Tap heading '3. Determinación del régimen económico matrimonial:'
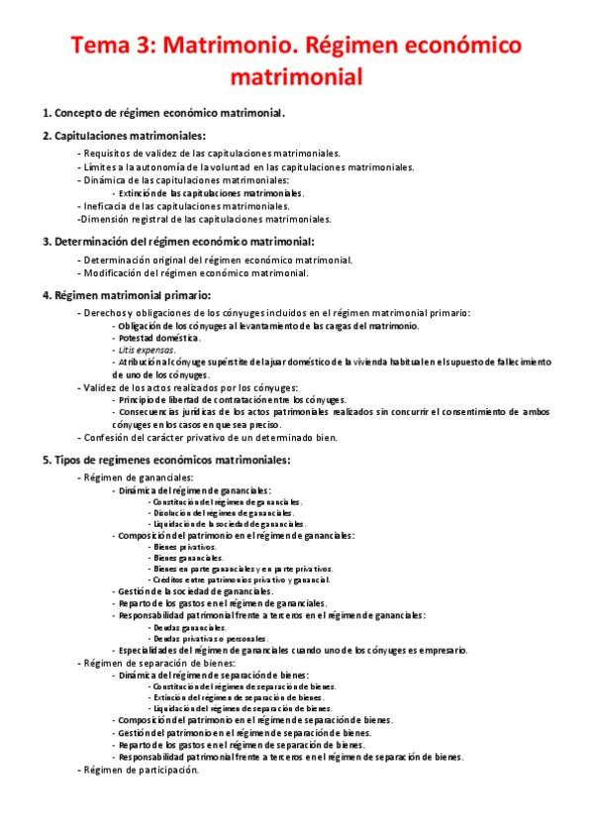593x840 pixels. (x=178, y=241)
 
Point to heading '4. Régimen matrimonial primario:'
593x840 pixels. (x=126, y=294)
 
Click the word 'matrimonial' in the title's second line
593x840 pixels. (x=295, y=75)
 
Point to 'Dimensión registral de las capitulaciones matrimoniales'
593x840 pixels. (x=204, y=219)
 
